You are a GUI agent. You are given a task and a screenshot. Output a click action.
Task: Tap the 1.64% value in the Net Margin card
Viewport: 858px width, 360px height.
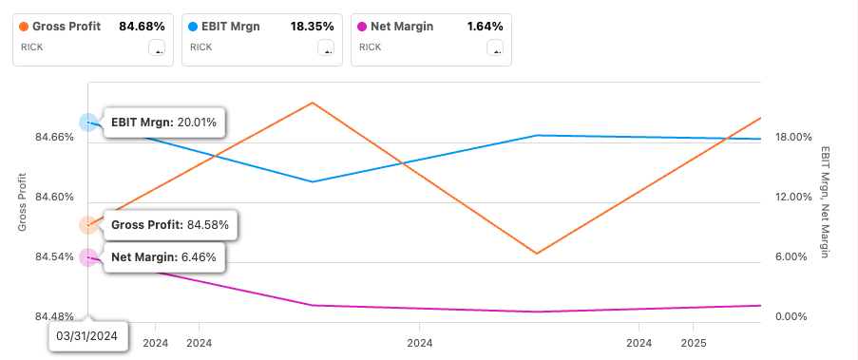(x=485, y=27)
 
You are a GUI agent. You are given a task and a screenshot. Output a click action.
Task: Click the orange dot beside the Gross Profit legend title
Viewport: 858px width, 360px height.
(x=24, y=27)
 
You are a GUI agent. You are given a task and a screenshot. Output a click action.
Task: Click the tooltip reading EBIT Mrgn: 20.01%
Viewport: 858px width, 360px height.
(x=164, y=123)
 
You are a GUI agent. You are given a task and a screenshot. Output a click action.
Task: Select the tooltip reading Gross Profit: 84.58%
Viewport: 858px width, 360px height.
(x=170, y=225)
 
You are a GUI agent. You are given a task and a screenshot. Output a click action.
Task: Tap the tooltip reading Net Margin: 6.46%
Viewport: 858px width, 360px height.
(x=163, y=256)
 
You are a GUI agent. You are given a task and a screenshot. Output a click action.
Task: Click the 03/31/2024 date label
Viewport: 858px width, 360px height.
(x=87, y=335)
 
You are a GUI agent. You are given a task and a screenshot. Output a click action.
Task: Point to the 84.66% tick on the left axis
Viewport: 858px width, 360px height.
(x=55, y=138)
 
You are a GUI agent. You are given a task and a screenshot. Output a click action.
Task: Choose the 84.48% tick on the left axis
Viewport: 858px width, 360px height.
(x=55, y=316)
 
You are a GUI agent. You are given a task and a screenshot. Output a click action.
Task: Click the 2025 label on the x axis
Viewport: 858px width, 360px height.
(x=695, y=342)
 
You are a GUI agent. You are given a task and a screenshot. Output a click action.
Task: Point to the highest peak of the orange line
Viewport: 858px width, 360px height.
(x=313, y=102)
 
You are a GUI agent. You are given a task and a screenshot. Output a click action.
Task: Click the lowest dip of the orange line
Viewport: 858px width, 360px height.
(x=537, y=254)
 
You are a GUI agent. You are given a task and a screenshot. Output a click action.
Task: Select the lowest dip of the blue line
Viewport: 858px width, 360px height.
(x=313, y=181)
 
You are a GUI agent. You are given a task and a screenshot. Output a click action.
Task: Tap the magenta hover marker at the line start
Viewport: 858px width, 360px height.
(x=88, y=256)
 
